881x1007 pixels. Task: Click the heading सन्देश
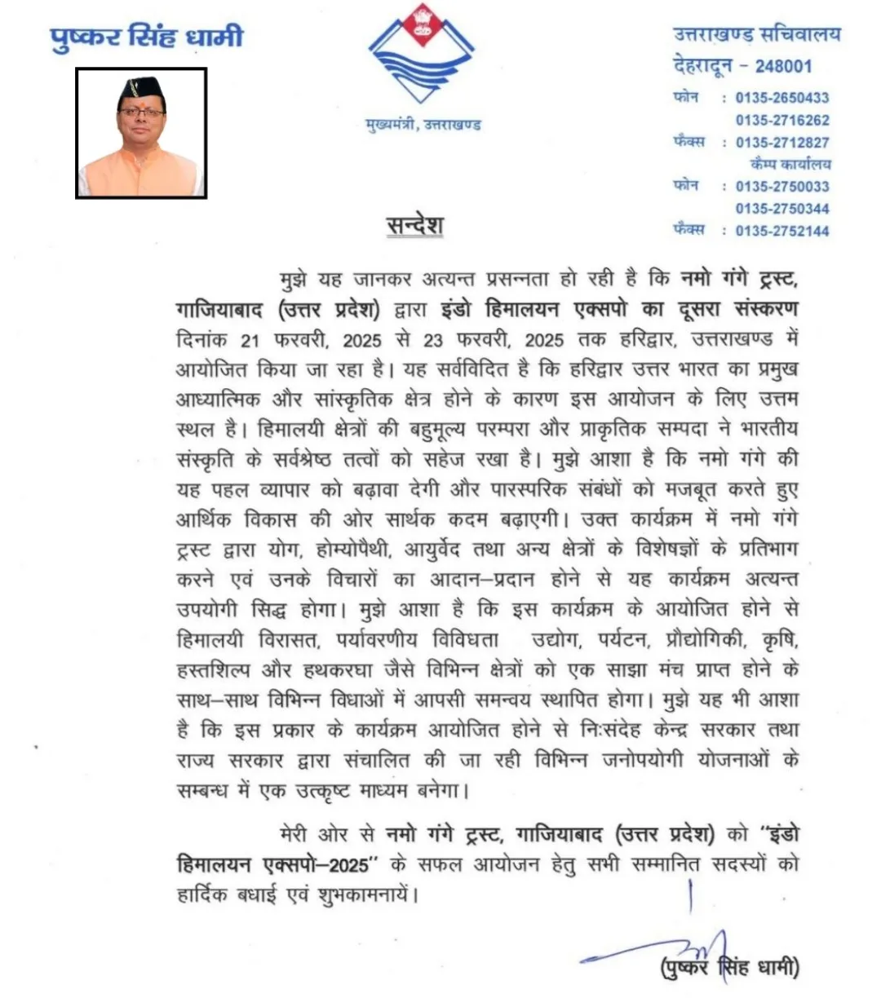pyautogui.click(x=415, y=225)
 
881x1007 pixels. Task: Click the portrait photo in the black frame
pyautogui.click(x=141, y=133)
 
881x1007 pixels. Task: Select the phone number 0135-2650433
pyautogui.click(x=781, y=98)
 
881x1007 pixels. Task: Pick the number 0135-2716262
pyautogui.click(x=781, y=120)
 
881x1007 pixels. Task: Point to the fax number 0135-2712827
pyautogui.click(x=781, y=142)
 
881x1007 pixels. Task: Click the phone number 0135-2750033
pyautogui.click(x=781, y=186)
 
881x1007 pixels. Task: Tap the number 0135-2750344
pyautogui.click(x=781, y=208)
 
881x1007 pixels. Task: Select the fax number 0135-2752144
pyautogui.click(x=781, y=231)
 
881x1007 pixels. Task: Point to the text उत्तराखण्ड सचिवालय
pyautogui.click(x=756, y=35)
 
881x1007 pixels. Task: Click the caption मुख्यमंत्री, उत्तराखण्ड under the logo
pyautogui.click(x=423, y=125)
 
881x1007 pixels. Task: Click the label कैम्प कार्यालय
pyautogui.click(x=790, y=164)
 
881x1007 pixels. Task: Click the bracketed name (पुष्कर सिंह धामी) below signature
pyautogui.click(x=730, y=968)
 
